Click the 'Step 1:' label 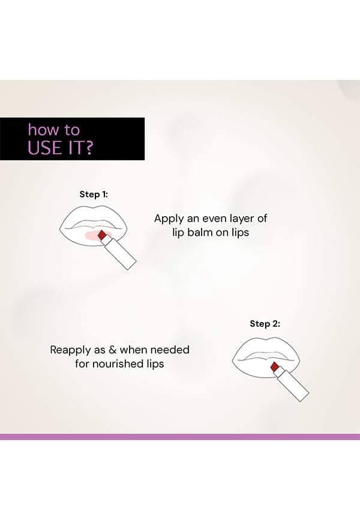94,195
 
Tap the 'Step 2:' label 265,324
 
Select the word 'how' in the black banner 42,129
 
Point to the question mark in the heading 89,148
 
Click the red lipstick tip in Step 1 102,235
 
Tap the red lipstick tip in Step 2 275,367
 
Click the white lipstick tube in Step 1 119,252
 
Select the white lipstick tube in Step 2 292,384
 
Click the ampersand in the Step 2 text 113,350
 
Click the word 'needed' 172,350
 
